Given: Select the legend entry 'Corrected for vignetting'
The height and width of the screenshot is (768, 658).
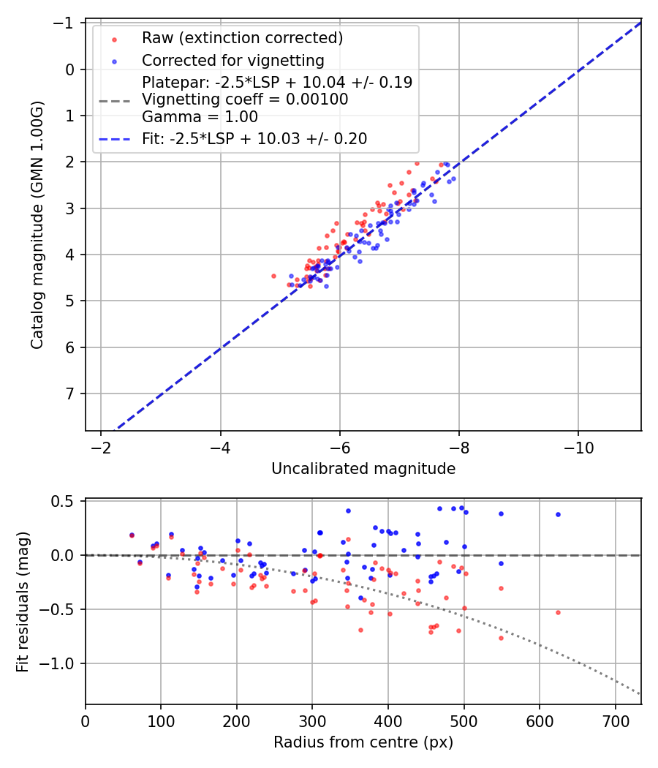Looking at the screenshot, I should pos(232,60).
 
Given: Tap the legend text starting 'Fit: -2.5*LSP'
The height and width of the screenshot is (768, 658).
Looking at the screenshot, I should pos(254,138).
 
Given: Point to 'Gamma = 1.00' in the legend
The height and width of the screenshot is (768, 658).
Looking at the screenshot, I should pos(200,116).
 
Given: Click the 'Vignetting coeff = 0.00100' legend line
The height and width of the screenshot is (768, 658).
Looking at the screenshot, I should pos(244,99).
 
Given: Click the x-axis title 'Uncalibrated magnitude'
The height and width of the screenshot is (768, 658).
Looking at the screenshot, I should pos(363,469).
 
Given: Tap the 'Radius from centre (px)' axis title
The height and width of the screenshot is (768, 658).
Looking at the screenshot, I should pos(363,742).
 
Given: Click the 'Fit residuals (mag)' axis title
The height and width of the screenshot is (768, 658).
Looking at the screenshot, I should pos(23,602).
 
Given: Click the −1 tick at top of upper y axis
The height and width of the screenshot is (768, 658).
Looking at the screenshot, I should pos(66,23).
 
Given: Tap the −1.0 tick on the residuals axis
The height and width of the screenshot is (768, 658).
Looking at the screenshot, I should pos(62,663).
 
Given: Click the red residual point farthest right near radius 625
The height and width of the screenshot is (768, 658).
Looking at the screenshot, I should pos(558,612).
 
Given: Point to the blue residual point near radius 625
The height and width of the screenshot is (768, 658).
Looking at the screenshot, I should pos(558,514).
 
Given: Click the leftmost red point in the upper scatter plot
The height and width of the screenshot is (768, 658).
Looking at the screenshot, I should pos(273,276).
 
